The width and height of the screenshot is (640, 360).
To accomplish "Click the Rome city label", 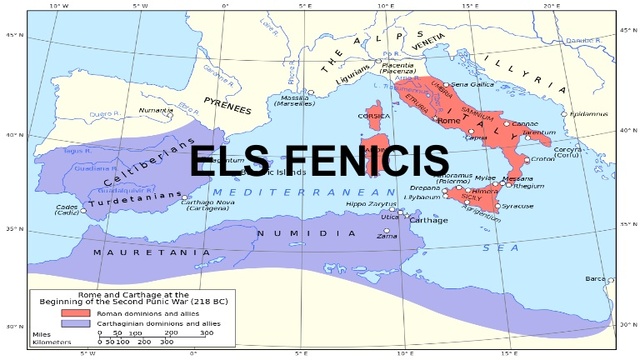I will (x=446, y=120).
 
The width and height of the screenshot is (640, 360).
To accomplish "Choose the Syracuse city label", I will (x=517, y=206).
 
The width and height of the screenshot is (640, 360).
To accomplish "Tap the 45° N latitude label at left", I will (x=12, y=34).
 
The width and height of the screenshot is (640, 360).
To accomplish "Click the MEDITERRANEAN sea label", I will (x=286, y=191).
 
